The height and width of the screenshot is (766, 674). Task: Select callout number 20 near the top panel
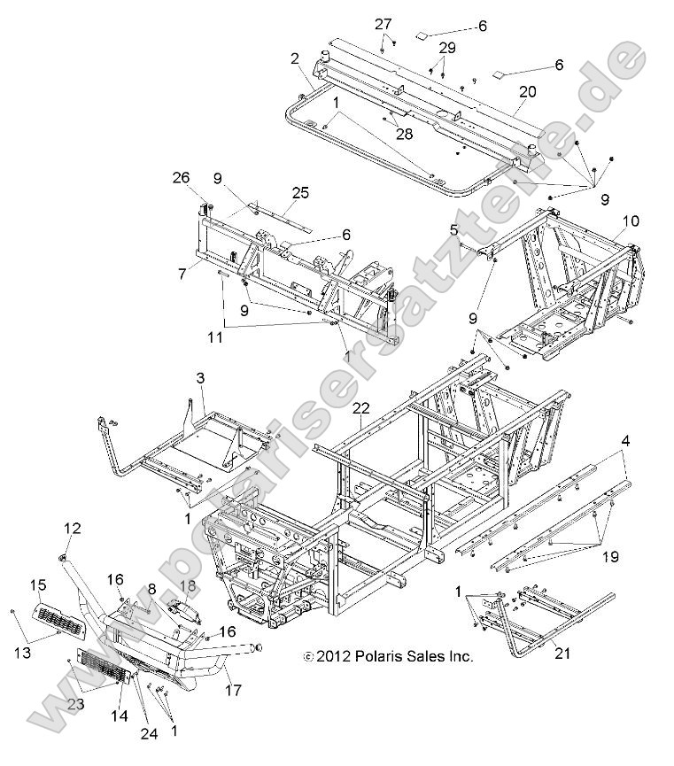coord(528,92)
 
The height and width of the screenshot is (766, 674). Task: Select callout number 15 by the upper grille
coord(38,584)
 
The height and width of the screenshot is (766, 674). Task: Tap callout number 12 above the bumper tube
coord(72,529)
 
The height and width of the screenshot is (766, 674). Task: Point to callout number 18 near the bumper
coord(188,586)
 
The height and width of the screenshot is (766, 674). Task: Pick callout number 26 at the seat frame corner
coord(182,177)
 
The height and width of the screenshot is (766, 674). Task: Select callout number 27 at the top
coord(383,23)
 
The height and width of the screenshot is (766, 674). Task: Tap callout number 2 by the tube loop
coord(293,58)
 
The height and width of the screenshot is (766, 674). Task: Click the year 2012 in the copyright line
coord(334,656)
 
